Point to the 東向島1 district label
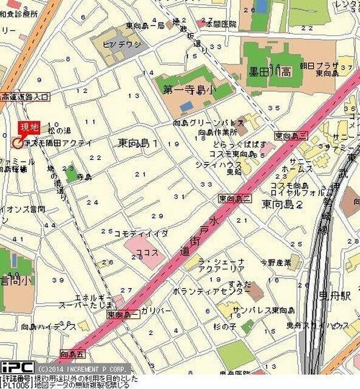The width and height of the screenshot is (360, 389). click(x=138, y=143)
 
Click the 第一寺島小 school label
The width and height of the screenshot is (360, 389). click(x=190, y=89)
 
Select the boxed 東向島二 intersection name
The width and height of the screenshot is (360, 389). click(x=234, y=199)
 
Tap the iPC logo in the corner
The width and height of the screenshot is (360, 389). click(x=16, y=367)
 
